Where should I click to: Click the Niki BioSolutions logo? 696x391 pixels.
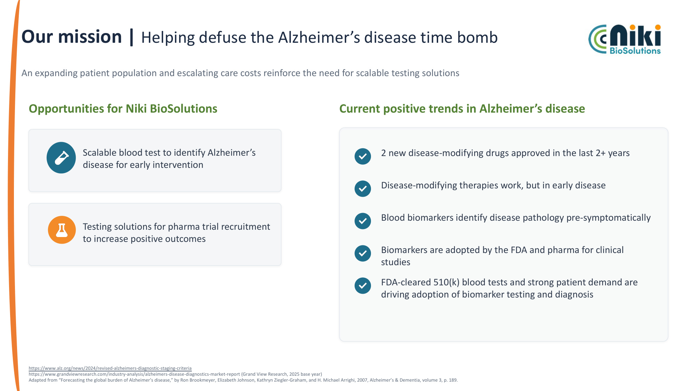(625, 39)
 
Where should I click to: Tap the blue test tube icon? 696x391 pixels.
(61, 158)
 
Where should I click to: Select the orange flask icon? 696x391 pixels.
(62, 230)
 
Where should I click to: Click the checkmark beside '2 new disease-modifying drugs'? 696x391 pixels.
(363, 156)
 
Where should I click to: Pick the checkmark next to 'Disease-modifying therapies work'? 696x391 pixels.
(363, 189)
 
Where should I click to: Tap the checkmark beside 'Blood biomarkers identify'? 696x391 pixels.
(363, 221)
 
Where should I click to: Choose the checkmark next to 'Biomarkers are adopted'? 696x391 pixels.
(363, 253)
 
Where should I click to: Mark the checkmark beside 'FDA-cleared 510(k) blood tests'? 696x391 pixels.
(363, 286)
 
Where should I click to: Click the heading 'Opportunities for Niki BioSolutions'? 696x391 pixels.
(123, 109)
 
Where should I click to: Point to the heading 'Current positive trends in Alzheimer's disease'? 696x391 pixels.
(462, 109)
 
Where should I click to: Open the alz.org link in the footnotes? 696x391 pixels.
(110, 368)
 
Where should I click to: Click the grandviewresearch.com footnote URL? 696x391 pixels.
(134, 374)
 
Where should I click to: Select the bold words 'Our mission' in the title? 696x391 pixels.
(72, 37)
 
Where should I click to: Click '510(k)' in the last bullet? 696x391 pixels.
(446, 282)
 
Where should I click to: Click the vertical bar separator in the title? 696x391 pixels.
(132, 37)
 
